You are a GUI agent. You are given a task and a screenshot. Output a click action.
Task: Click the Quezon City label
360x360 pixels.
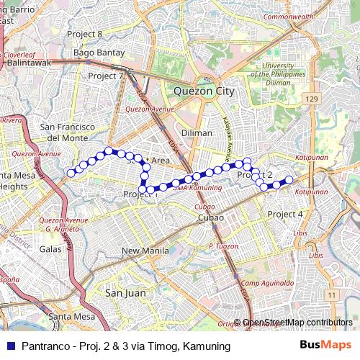(204, 91)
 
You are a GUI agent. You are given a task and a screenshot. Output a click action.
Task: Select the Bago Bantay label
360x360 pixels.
(99, 53)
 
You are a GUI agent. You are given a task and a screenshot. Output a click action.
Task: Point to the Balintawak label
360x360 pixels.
(28, 63)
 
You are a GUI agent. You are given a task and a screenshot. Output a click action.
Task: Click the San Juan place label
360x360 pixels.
(125, 293)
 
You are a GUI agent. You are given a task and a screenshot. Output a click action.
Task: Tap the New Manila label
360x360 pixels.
(144, 251)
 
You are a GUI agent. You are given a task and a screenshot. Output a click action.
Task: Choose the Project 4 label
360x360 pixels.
(285, 214)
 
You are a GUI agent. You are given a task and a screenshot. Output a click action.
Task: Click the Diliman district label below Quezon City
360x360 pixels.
(197, 132)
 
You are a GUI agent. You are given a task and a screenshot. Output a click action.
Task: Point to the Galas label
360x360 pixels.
(51, 248)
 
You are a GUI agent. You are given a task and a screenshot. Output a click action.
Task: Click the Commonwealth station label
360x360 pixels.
(288, 16)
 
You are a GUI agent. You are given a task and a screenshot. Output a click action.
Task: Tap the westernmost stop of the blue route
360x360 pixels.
(71, 172)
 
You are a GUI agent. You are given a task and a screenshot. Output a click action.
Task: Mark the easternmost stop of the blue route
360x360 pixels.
(289, 179)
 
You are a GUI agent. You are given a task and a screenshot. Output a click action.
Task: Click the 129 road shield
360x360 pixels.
(311, 98)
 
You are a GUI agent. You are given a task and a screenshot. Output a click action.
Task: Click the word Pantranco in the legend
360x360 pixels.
(45, 346)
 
